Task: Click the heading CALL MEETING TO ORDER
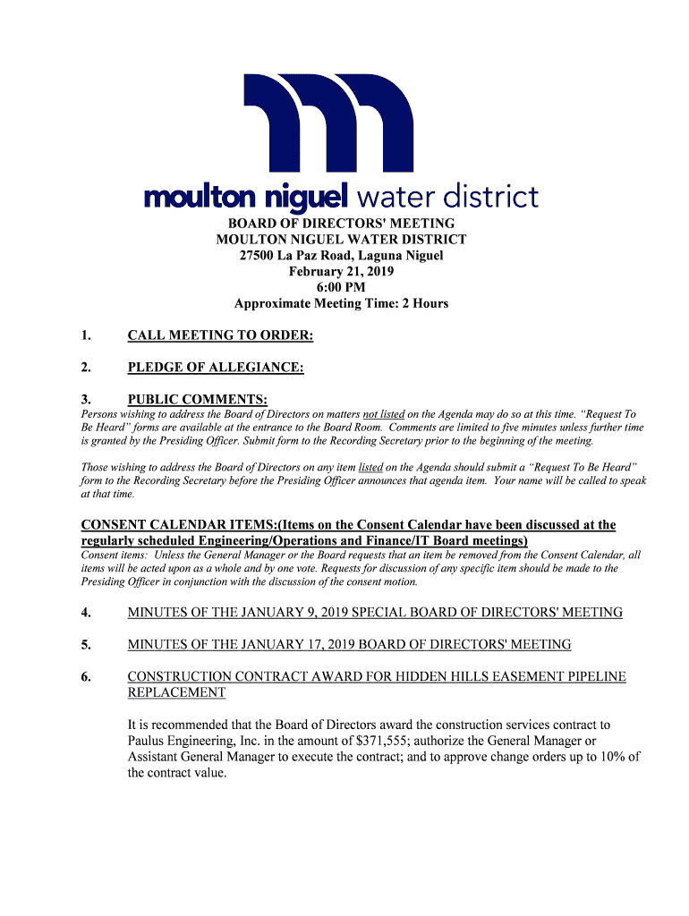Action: tap(220, 336)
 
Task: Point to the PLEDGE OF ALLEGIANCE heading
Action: tap(216, 368)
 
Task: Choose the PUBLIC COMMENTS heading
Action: tap(198, 399)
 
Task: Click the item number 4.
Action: tap(86, 613)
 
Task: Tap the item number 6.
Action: tap(86, 677)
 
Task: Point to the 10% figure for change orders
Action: tap(611, 757)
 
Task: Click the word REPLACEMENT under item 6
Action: tap(176, 693)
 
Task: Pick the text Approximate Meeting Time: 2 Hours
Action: tap(341, 303)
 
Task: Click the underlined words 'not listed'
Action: tap(384, 415)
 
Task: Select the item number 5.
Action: tap(86, 645)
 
